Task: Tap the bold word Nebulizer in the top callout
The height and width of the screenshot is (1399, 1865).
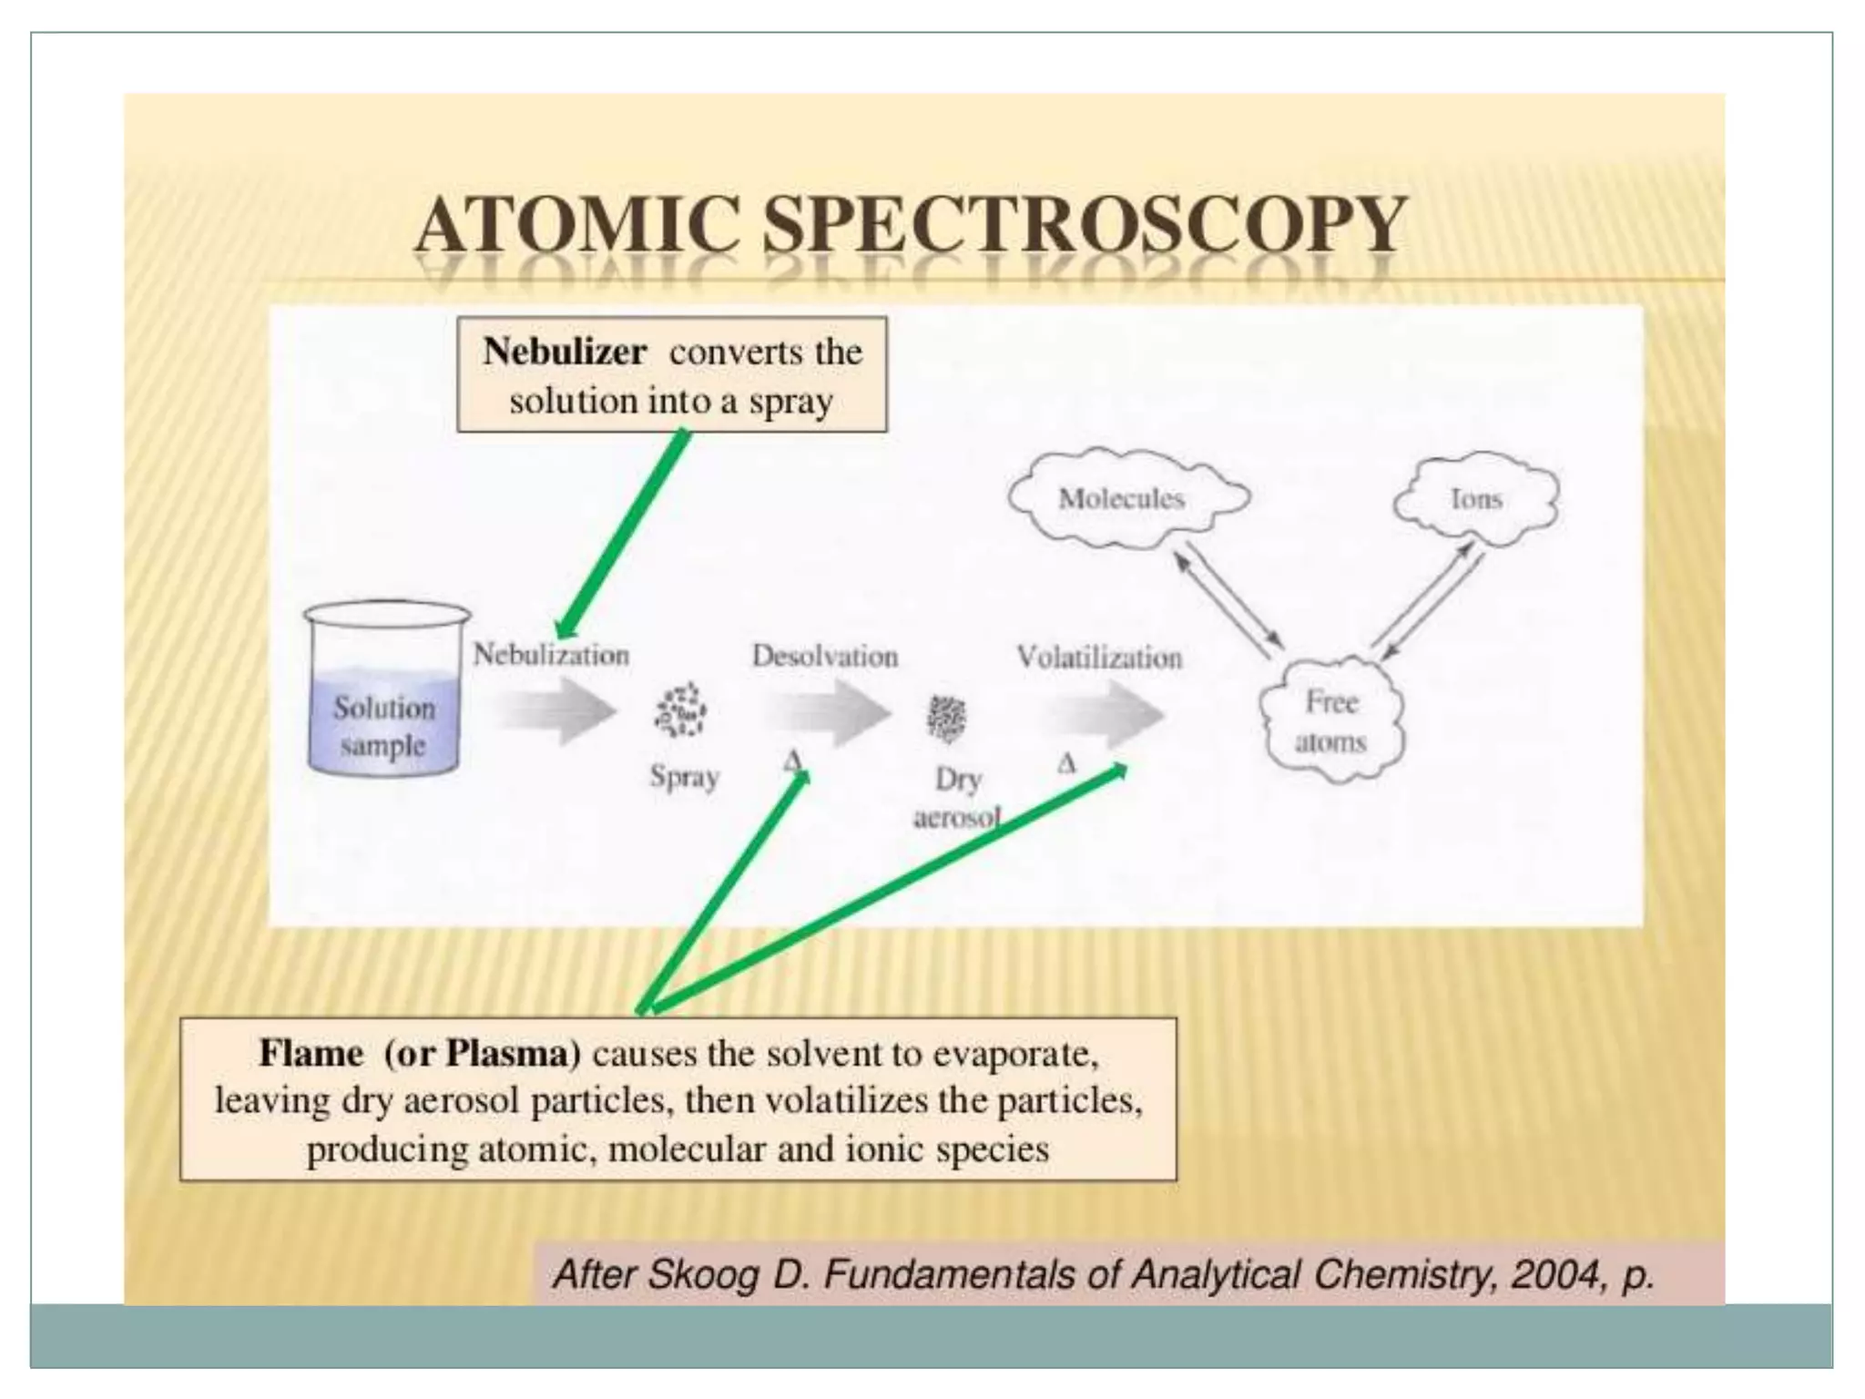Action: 565,352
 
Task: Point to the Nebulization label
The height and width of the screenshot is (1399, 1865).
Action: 551,655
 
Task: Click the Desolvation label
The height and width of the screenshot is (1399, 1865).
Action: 824,656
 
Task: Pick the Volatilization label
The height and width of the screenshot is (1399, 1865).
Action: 1099,657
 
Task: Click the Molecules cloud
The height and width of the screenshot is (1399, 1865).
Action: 1124,498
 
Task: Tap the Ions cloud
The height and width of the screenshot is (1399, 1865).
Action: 1475,498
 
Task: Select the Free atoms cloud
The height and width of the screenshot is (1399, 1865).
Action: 1331,720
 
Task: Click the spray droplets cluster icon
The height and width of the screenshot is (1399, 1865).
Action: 680,711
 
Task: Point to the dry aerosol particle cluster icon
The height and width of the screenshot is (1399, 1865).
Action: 947,718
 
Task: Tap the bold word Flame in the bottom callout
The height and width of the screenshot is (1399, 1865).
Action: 311,1054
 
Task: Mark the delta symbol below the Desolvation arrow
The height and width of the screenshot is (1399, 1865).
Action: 792,761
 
